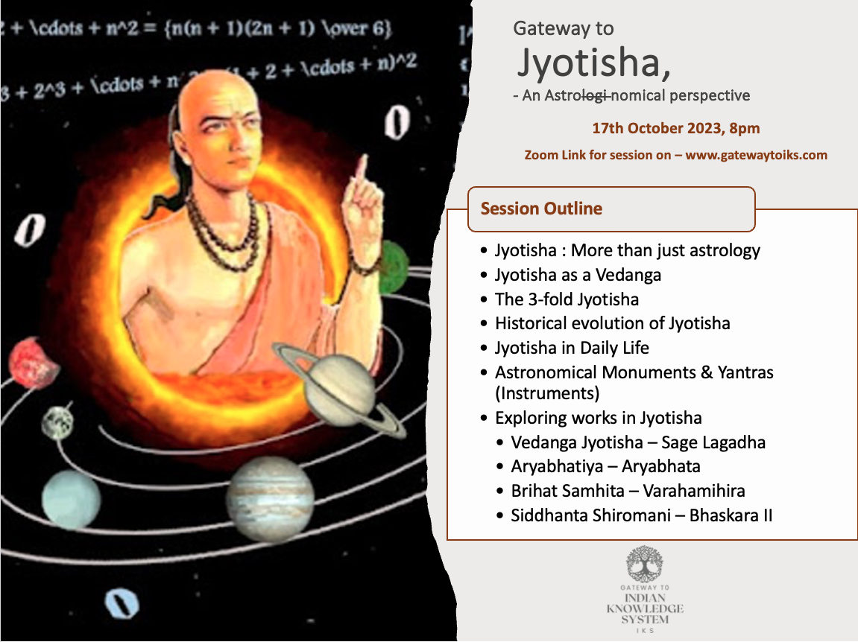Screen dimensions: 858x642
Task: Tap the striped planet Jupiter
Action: pyautogui.click(x=271, y=499)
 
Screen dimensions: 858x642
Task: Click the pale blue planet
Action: pyautogui.click(x=71, y=500)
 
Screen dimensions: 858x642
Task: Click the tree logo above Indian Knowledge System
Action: pyautogui.click(x=645, y=564)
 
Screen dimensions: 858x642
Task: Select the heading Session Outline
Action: pyautogui.click(x=541, y=209)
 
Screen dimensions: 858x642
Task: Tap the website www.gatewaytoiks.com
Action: pyautogui.click(x=756, y=155)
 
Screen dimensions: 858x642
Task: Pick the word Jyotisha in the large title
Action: pyautogui.click(x=590, y=63)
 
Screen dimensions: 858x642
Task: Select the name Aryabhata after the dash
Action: pyautogui.click(x=661, y=466)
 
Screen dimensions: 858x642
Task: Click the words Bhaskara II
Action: pyautogui.click(x=731, y=515)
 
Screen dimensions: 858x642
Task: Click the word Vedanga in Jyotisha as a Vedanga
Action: pyautogui.click(x=628, y=275)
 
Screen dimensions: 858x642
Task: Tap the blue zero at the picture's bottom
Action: pyautogui.click(x=122, y=603)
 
